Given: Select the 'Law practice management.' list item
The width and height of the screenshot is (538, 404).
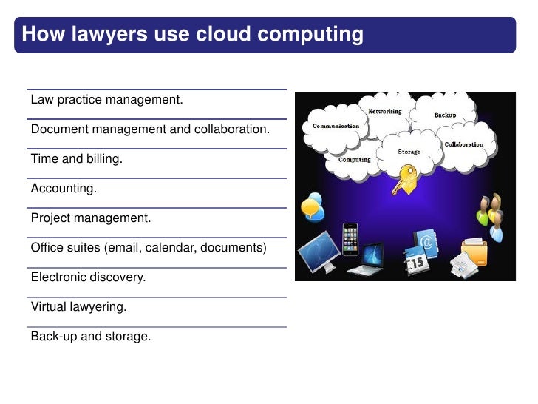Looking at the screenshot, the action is pyautogui.click(x=106, y=99).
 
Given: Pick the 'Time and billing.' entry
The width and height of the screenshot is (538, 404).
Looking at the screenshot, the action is pyautogui.click(x=77, y=158).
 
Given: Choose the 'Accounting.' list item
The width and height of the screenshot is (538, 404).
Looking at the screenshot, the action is pyautogui.click(x=64, y=189).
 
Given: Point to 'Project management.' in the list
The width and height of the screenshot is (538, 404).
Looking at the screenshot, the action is pyautogui.click(x=90, y=218).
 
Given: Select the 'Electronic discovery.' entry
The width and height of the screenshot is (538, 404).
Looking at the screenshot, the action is pyautogui.click(x=88, y=277).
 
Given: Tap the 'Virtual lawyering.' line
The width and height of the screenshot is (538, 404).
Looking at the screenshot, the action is pyautogui.click(x=78, y=307).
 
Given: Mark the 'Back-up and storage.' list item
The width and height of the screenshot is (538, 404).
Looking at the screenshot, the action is pyautogui.click(x=90, y=337).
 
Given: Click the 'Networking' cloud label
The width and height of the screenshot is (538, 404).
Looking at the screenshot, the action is pyautogui.click(x=385, y=112).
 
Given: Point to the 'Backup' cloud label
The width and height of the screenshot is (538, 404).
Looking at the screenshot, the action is pyautogui.click(x=445, y=115).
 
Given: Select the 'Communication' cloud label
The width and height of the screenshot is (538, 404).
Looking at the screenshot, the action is pyautogui.click(x=336, y=126).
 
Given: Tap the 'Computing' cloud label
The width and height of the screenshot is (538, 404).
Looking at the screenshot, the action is pyautogui.click(x=354, y=159).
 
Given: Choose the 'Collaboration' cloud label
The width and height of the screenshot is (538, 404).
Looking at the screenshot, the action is pyautogui.click(x=463, y=144).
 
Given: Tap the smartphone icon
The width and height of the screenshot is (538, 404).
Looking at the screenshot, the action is pyautogui.click(x=350, y=239).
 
